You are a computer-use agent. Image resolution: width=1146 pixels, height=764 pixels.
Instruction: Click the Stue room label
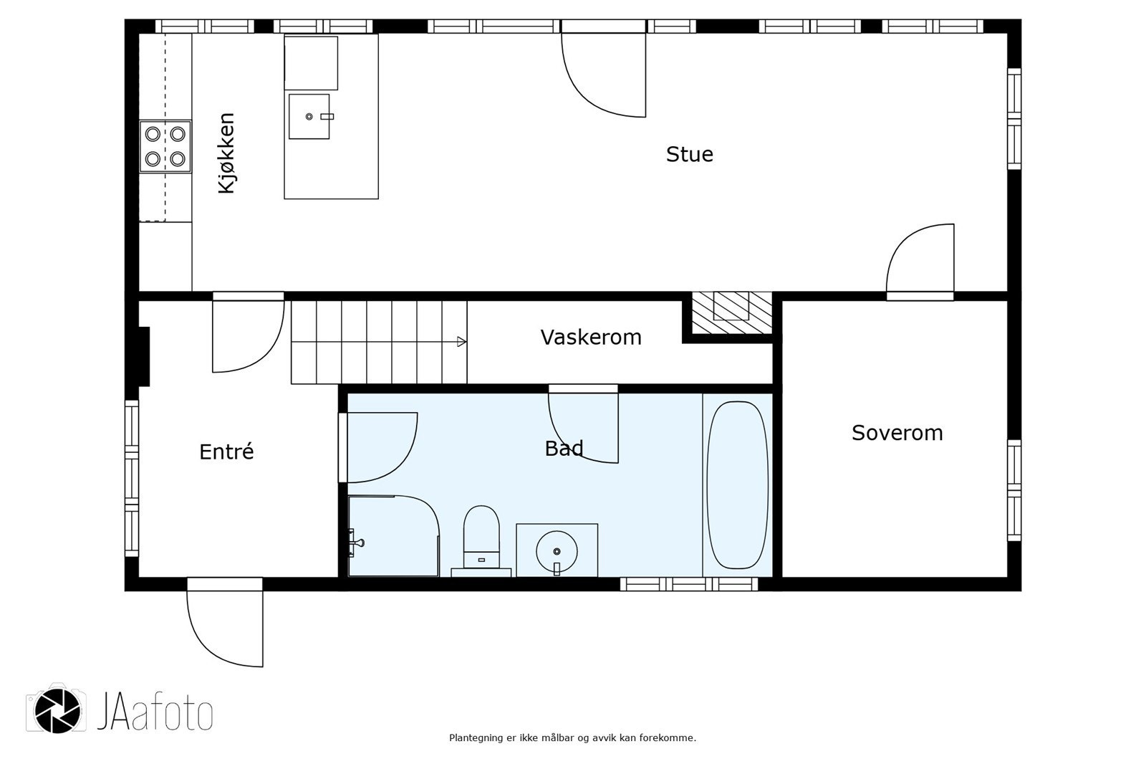(x=689, y=155)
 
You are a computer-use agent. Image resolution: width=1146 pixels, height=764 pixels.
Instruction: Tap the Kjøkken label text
(x=226, y=153)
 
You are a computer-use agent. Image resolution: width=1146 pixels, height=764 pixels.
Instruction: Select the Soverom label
(x=897, y=433)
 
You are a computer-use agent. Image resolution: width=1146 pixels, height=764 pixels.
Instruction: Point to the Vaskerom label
(x=591, y=338)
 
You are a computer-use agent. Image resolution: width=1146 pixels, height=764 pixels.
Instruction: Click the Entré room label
(x=226, y=452)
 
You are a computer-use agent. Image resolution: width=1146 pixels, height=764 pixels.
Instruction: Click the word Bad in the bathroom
(x=564, y=449)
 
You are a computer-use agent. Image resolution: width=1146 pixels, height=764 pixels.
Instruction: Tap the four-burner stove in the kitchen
(x=165, y=146)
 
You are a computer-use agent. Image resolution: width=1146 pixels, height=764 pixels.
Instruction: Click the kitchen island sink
(x=309, y=116)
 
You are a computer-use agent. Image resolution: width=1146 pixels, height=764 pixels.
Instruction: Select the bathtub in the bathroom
(x=737, y=485)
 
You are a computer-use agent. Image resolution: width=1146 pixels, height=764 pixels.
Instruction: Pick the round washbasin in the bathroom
(x=557, y=550)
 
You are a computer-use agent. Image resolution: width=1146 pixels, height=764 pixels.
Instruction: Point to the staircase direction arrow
(x=461, y=342)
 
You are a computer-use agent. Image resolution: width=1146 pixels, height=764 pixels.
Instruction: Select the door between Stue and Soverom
(x=920, y=262)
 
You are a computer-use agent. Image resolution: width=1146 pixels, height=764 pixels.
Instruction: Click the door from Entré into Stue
(x=247, y=333)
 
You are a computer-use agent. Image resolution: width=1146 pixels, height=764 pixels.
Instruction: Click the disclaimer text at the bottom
(x=572, y=737)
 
